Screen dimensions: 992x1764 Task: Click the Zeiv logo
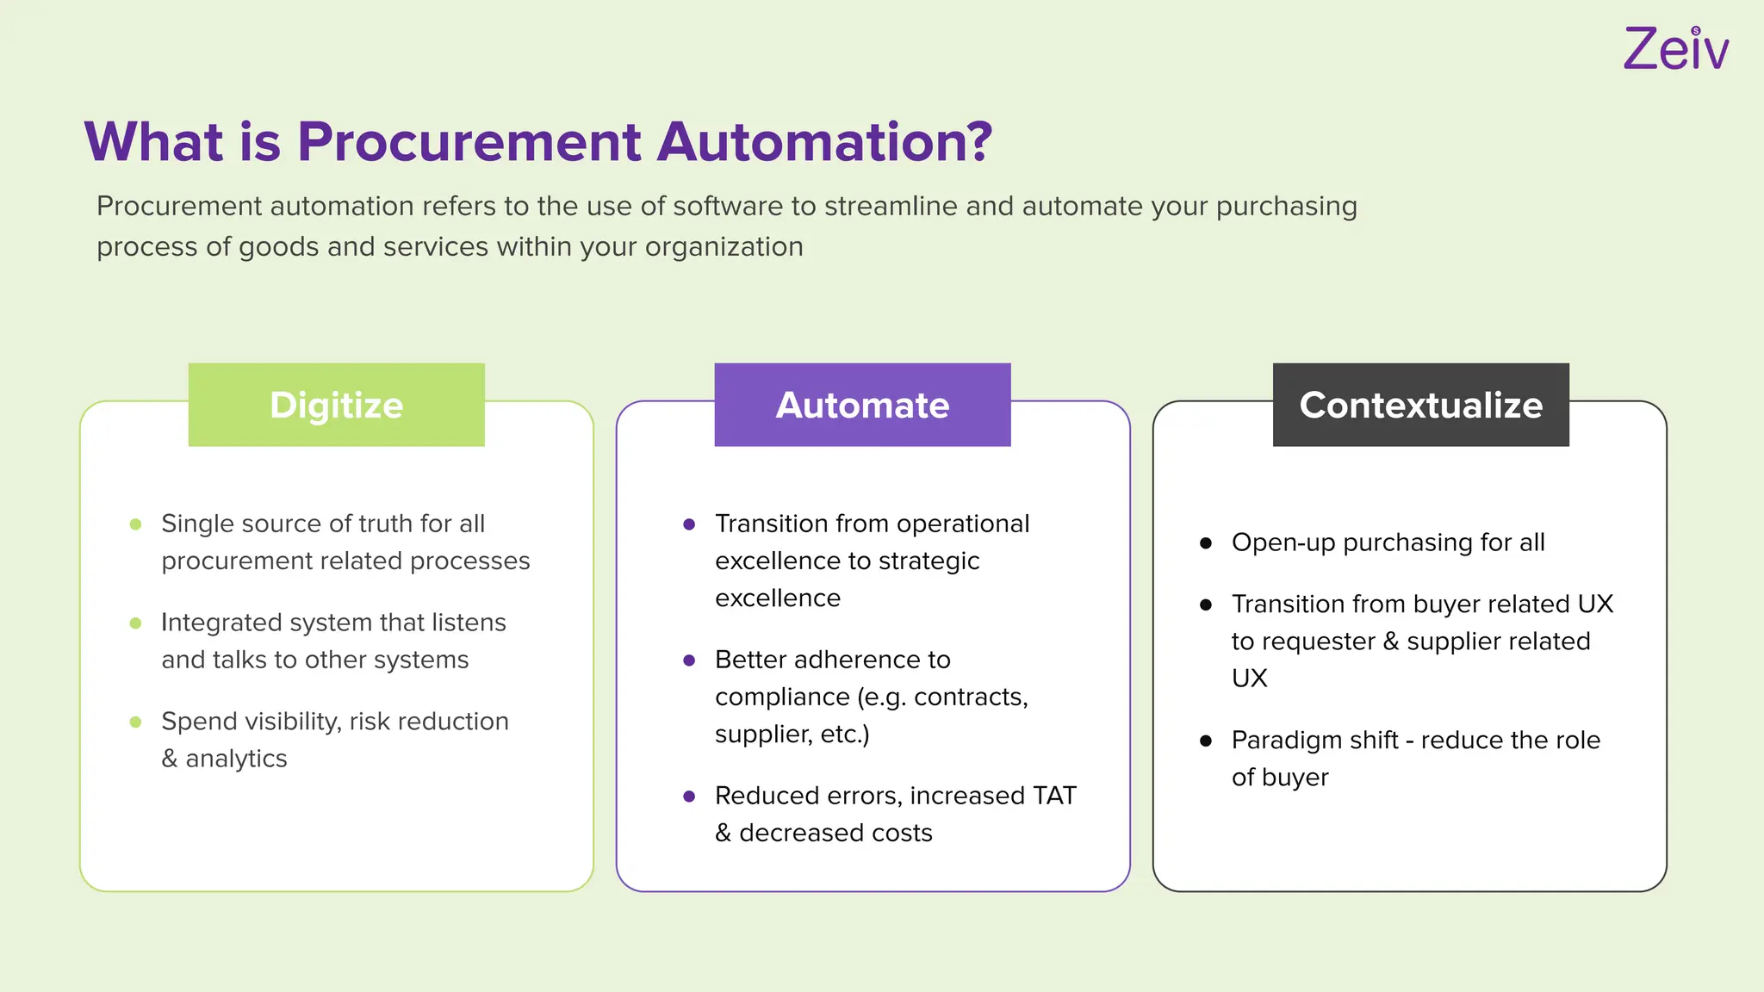tap(1675, 49)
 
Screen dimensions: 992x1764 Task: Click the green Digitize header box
tap(337, 405)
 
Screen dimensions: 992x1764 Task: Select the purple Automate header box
tap(862, 405)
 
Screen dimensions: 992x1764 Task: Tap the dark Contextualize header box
tap(1421, 405)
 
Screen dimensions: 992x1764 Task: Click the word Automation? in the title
tap(824, 141)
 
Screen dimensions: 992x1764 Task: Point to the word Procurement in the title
tap(469, 141)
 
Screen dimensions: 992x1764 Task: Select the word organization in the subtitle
tap(724, 247)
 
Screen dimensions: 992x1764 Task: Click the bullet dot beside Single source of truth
tap(135, 524)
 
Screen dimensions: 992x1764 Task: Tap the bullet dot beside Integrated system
tap(135, 623)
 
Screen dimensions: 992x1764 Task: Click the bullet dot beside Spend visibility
tap(135, 722)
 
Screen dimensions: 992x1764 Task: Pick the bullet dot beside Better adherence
tap(689, 660)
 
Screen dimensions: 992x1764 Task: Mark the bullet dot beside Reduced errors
tap(689, 797)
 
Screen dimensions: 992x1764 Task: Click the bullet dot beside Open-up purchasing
tap(1206, 543)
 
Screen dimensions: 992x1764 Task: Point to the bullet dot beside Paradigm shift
tap(1206, 741)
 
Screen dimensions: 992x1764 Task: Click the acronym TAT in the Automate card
tap(1054, 796)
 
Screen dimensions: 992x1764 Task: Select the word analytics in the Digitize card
tap(236, 759)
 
